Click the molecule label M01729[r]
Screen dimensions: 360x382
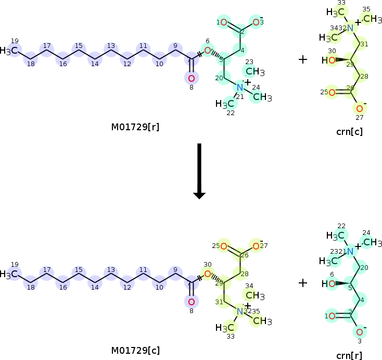click(135, 127)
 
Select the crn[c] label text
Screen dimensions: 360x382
click(350, 132)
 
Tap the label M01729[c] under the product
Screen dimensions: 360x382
click(135, 350)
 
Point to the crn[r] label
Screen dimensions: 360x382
click(350, 355)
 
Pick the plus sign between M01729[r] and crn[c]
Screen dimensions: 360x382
click(303, 59)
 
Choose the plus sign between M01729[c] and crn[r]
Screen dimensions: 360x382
click(303, 283)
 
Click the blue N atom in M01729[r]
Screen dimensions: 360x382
click(239, 87)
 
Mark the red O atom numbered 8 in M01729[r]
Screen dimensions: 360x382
click(191, 78)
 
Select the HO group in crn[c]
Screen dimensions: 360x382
click(328, 60)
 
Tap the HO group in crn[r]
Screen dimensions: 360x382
click(328, 284)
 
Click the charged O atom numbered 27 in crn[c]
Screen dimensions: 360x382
click(359, 108)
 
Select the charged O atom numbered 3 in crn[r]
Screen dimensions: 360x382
click(359, 332)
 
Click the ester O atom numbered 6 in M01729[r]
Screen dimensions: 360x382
click(207, 51)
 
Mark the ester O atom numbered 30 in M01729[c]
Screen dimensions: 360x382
click(207, 274)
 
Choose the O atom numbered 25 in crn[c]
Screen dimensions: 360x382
click(332, 93)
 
